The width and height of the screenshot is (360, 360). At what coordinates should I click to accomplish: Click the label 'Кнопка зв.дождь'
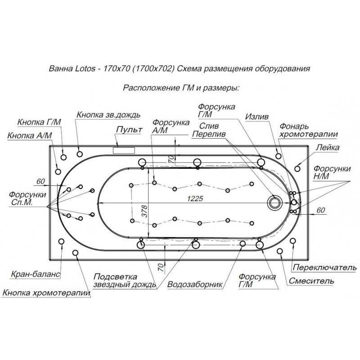tap(108, 115)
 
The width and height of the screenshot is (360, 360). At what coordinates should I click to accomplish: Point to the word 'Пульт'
tap(129, 130)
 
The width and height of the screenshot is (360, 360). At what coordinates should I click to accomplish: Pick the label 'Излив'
tap(257, 116)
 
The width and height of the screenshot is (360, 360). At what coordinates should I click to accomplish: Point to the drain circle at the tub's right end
tap(274, 202)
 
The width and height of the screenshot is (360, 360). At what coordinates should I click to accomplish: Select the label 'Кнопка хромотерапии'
tap(46, 293)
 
